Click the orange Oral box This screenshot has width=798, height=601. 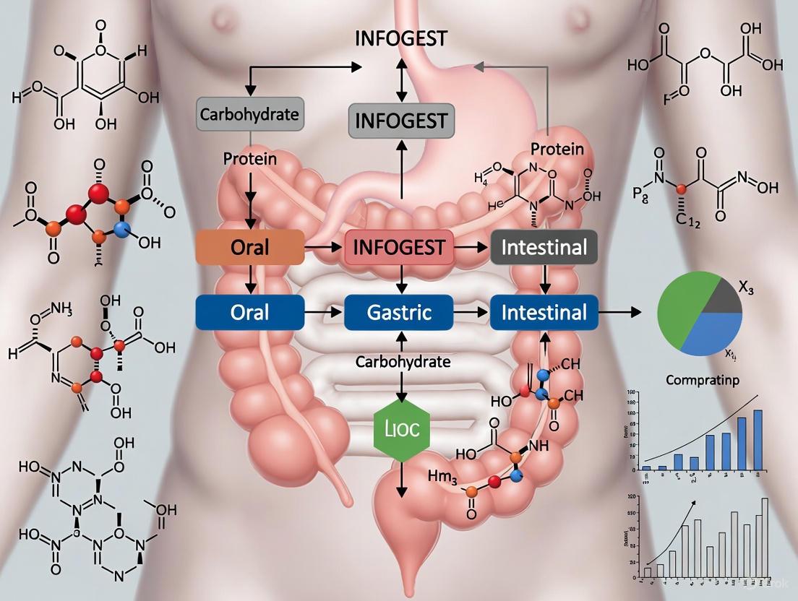pyautogui.click(x=250, y=248)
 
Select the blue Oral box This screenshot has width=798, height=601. pyautogui.click(x=250, y=312)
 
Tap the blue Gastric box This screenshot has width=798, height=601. pyautogui.click(x=398, y=312)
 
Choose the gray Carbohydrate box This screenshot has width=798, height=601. pyautogui.click(x=249, y=114)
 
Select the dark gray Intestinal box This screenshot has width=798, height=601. pyautogui.click(x=544, y=248)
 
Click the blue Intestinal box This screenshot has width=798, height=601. pyautogui.click(x=544, y=312)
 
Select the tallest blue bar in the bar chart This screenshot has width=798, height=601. pyautogui.click(x=758, y=440)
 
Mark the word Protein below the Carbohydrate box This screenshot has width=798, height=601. pyautogui.click(x=250, y=159)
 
